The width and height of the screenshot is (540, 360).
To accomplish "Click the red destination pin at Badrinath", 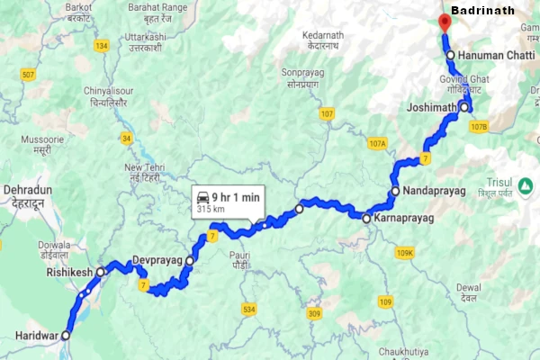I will (442, 23).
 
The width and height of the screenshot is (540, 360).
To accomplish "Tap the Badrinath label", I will (482, 10).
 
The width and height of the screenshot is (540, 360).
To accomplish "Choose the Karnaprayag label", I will (405, 219).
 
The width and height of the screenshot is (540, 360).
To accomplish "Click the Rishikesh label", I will (69, 272).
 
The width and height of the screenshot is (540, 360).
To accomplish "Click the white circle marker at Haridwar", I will (65, 335).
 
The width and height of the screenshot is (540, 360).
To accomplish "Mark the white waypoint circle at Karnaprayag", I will (366, 218).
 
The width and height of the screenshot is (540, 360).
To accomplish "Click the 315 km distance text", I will (210, 210).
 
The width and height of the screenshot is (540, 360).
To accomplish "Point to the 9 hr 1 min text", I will (238, 197).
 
